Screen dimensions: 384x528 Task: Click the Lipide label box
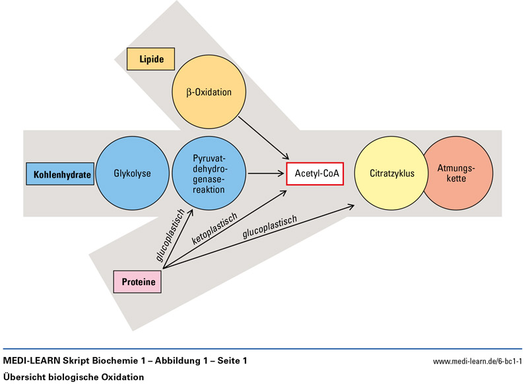151,59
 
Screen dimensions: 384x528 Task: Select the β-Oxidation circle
208,92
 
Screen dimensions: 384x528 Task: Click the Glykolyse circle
133,174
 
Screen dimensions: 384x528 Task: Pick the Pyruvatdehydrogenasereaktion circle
209,174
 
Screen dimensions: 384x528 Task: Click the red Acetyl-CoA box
315,174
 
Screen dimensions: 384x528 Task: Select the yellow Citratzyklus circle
392,174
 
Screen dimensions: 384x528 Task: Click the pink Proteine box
138,282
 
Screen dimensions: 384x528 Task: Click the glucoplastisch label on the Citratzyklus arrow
270,229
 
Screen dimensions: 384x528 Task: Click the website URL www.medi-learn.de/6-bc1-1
477,362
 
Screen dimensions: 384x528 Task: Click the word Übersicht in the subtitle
24,377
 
